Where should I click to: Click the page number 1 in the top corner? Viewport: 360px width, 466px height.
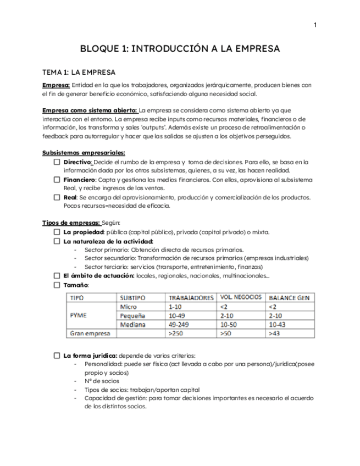315,25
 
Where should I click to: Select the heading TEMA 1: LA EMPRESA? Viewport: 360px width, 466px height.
79,72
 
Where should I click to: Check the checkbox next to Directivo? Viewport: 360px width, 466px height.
57,163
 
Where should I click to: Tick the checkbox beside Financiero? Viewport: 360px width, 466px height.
57,180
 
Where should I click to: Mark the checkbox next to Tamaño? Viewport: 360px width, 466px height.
57,285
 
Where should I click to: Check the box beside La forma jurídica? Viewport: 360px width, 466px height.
57,356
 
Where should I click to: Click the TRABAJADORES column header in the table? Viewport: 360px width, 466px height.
191,297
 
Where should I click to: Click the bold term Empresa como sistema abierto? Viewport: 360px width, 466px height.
90,110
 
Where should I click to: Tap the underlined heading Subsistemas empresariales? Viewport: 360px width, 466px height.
84,152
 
